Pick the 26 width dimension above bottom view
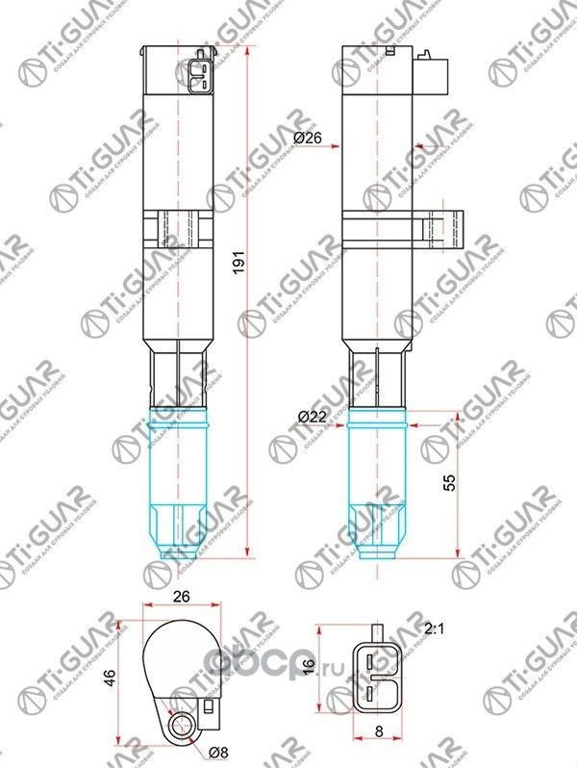coord(181,597)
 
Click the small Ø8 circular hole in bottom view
coord(179,725)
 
